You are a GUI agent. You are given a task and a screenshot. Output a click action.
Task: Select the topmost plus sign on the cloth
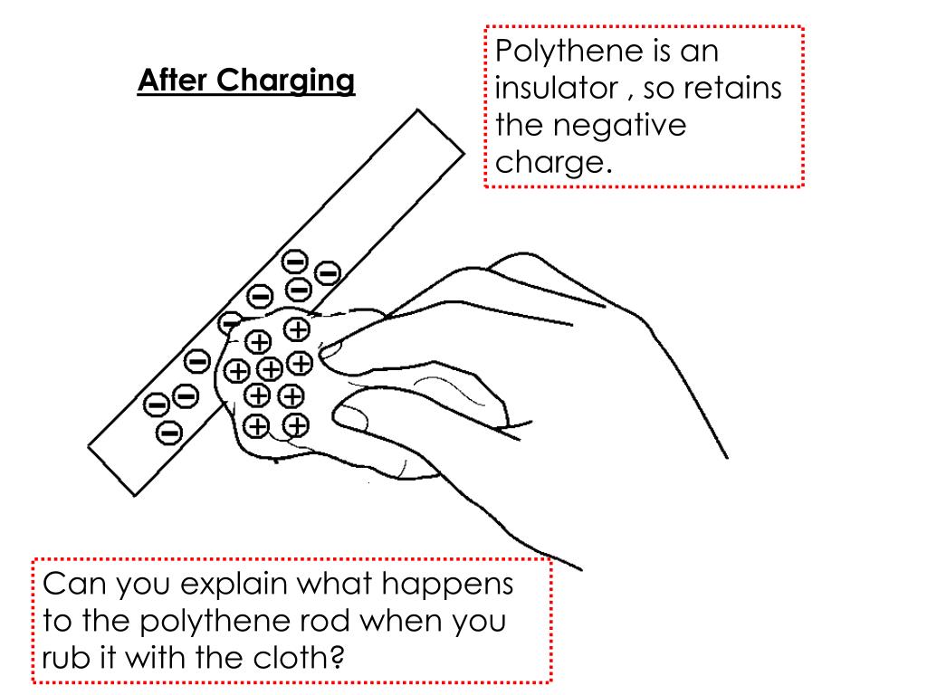(x=296, y=329)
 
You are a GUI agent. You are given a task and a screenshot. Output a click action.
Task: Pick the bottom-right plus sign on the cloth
(x=296, y=424)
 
